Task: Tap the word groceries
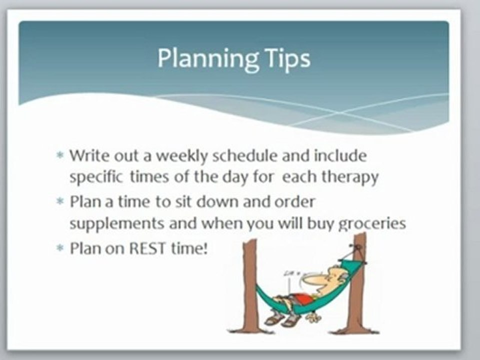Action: [x=371, y=223]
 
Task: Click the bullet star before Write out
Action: [x=60, y=156]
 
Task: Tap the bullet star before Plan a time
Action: [x=60, y=202]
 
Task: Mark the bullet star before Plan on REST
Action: [x=60, y=248]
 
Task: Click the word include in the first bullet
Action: [x=340, y=156]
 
